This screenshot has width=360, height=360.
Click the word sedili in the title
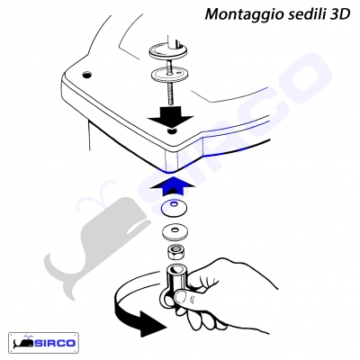303,13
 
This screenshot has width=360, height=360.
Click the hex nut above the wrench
174,252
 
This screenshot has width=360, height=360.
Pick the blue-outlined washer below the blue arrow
174,207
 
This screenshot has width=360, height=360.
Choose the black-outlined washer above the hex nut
174,231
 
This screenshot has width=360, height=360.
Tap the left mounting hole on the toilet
87,74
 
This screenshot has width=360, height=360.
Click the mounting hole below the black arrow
172,131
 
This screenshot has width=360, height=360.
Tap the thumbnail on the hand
182,296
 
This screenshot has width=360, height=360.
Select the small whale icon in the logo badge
24,342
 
